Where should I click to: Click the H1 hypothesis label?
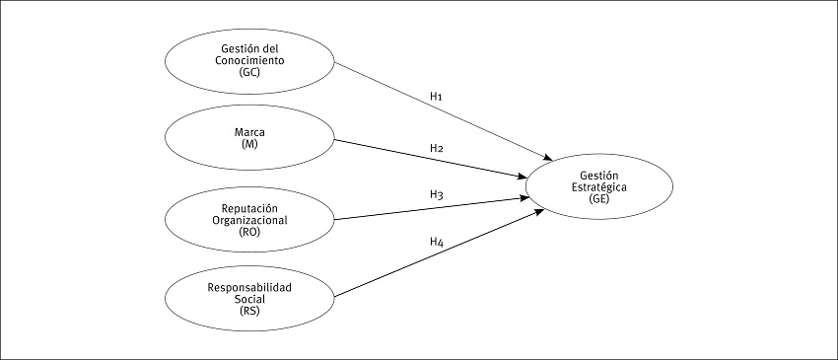[x=436, y=97]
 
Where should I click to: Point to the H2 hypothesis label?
[x=436, y=148]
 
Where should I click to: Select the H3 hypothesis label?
[x=436, y=195]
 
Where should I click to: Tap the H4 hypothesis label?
[x=436, y=242]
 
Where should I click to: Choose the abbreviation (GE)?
[x=599, y=198]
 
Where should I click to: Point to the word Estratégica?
[x=599, y=185]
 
